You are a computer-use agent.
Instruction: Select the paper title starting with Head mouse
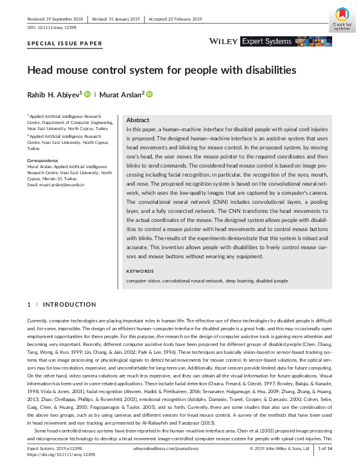(162, 70)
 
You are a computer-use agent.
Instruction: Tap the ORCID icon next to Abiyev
(87, 94)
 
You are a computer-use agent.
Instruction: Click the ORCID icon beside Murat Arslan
(149, 94)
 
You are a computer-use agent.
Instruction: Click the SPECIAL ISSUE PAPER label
(65, 43)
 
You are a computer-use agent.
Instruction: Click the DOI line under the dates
(53, 28)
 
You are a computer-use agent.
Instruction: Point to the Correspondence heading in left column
(43, 160)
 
